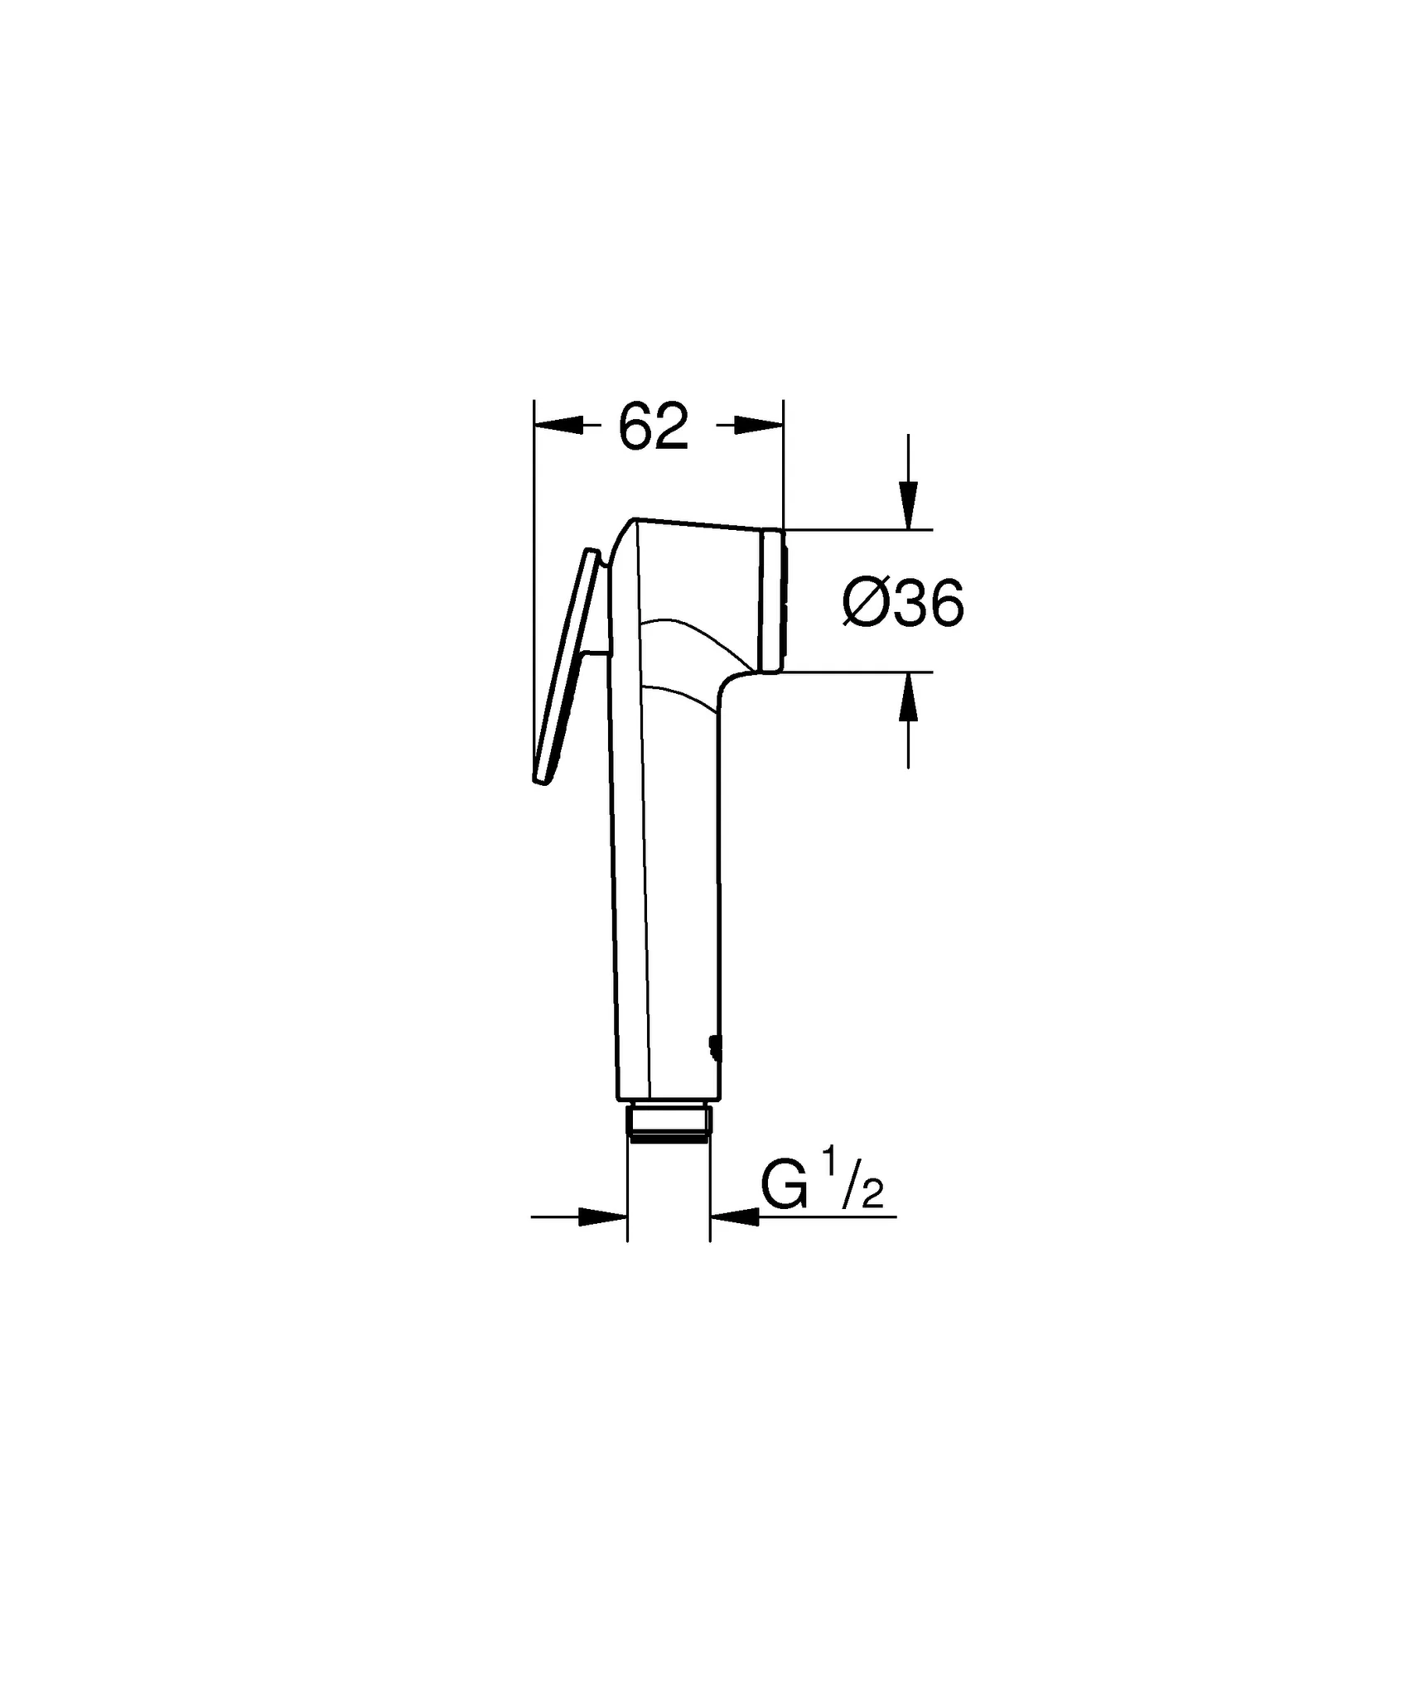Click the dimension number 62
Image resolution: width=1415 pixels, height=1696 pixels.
(x=654, y=428)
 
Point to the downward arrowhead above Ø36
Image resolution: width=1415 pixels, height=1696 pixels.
(x=909, y=504)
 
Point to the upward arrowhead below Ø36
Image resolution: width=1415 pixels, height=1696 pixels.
(x=909, y=697)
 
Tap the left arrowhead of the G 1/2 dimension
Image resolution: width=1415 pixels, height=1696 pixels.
(x=602, y=1217)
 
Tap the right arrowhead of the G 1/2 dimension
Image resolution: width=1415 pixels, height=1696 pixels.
(x=735, y=1217)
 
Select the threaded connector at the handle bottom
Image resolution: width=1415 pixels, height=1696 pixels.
(x=669, y=1121)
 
